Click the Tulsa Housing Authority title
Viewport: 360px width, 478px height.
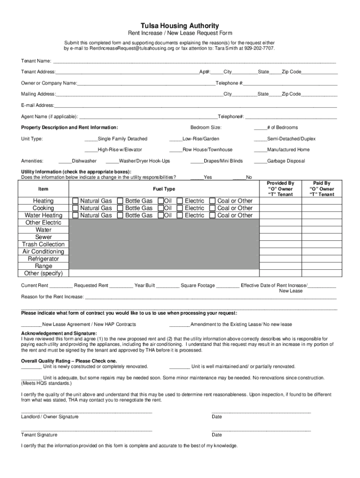pyautogui.click(x=180, y=26)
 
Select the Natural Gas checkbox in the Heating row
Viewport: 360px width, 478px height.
pyautogui.click(x=75, y=201)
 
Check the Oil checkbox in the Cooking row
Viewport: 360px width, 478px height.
pyautogui.click(x=161, y=208)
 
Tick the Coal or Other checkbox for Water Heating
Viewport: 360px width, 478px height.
pyautogui.click(x=213, y=216)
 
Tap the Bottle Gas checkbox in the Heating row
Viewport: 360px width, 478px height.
pyautogui.click(x=120, y=201)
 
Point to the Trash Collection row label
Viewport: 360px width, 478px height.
pyautogui.click(x=43, y=244)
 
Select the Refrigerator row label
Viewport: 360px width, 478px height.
pyautogui.click(x=43, y=259)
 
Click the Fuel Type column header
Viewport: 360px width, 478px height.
pyautogui.click(x=164, y=189)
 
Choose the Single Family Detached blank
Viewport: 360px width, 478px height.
pyautogui.click(x=91, y=139)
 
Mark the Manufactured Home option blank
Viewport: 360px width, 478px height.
pyautogui.click(x=260, y=150)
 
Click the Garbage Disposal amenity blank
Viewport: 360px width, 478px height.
pyautogui.click(x=260, y=161)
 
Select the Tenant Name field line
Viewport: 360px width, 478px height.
pyautogui.click(x=194, y=61)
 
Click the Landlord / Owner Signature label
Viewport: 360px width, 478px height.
pyautogui.click(x=50, y=416)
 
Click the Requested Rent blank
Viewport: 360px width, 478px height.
pyautogui.click(x=122, y=286)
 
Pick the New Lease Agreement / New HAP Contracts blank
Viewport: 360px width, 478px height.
pyautogui.click(x=31, y=324)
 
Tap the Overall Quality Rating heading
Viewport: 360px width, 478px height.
pyautogui.click(x=69, y=361)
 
